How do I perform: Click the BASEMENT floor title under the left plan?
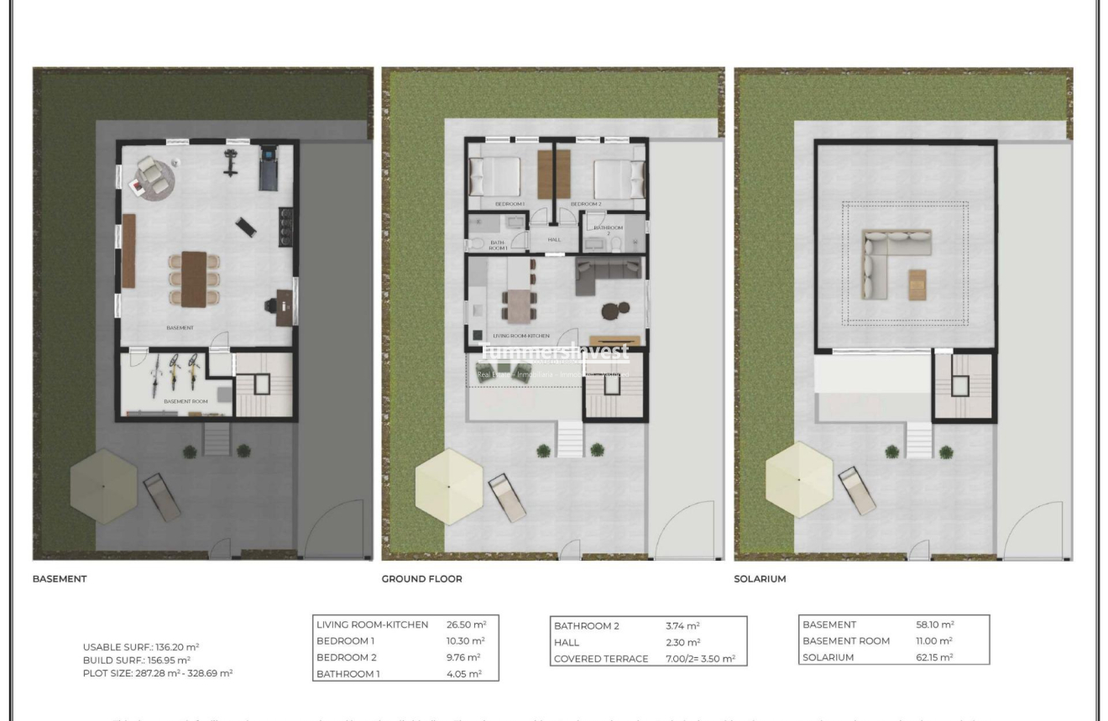60,578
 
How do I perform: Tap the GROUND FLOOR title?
421,578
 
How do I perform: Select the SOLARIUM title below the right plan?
760,578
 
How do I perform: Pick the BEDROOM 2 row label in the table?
347,657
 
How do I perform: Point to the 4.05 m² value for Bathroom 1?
464,673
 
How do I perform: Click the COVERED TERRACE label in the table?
601,659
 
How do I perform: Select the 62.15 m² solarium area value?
934,657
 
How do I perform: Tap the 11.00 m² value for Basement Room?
934,641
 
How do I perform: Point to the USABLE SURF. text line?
140,646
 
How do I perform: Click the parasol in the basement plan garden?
103,485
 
